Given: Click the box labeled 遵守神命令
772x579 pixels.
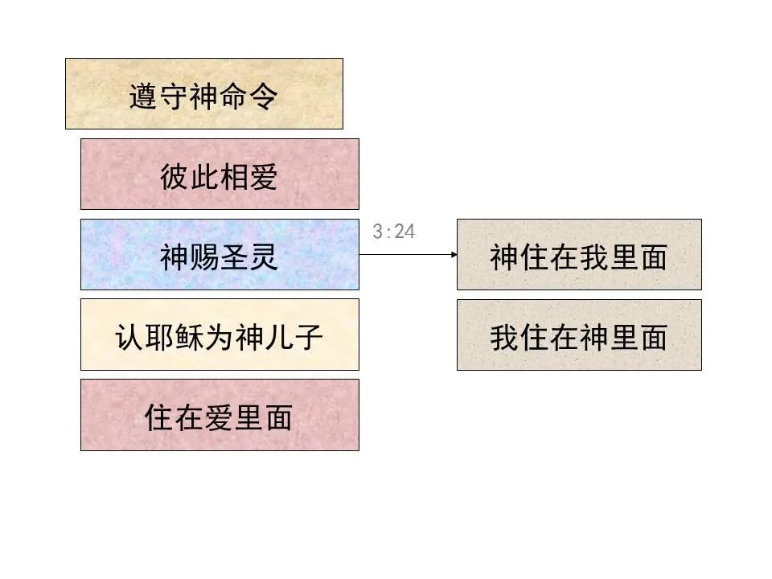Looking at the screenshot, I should [x=203, y=93].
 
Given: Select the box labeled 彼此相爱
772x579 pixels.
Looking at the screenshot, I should [x=220, y=174].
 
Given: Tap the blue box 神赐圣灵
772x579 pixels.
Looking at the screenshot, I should [x=220, y=254].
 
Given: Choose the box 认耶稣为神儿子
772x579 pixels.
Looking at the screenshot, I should [x=220, y=335].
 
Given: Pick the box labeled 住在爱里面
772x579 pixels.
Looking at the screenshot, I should [x=220, y=415].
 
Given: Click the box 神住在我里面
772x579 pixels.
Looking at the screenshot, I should [x=579, y=254].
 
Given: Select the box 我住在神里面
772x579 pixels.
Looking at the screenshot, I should [x=579, y=335].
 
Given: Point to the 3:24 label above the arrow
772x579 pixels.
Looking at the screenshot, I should [x=394, y=232].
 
